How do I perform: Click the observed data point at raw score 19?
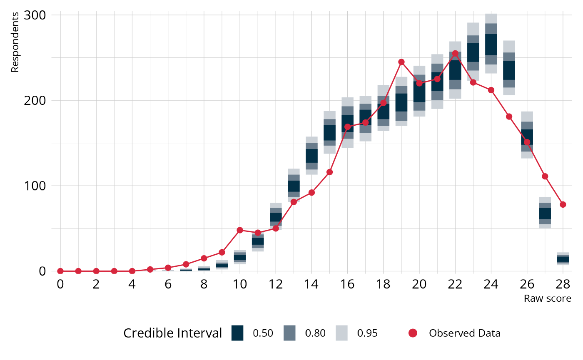tap(401, 62)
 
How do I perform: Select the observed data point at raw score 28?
tap(563, 204)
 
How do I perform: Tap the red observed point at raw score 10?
tap(240, 230)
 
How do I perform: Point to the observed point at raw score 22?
tap(455, 54)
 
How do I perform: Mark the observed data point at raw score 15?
tap(329, 172)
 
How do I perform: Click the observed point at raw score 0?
tap(60, 271)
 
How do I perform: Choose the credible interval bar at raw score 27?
tap(545, 213)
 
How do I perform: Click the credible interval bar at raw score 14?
tap(311, 156)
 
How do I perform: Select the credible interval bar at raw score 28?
tap(563, 259)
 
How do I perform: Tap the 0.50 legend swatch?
tap(237, 333)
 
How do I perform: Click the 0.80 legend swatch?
tap(289, 333)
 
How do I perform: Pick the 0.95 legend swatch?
tap(341, 333)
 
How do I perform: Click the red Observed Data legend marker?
tap(413, 333)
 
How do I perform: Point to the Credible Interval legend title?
tap(173, 333)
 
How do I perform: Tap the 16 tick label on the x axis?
tap(347, 284)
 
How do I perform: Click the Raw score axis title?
tap(547, 298)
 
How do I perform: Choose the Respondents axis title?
tap(15, 42)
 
